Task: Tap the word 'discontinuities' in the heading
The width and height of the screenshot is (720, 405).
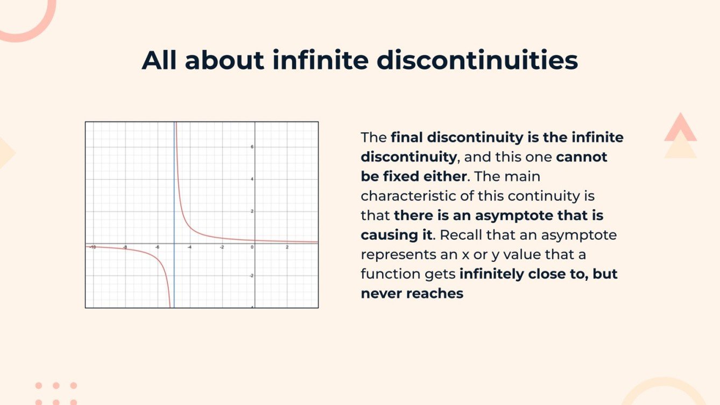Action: point(477,60)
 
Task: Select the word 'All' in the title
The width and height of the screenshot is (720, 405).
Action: point(159,60)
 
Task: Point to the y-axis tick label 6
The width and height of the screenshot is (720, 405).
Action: point(252,147)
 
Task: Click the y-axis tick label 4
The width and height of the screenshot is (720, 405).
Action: point(252,179)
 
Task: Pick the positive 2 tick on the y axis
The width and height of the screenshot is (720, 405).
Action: point(252,211)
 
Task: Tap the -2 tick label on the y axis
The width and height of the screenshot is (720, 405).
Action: point(251,275)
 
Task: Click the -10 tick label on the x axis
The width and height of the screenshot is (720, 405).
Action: point(93,247)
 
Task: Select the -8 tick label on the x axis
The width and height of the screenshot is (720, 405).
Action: point(125,247)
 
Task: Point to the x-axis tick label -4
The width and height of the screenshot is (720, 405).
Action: point(189,247)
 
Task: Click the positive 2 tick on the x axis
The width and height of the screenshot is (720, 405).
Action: point(287,247)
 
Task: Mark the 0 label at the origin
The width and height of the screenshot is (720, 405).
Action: point(251,247)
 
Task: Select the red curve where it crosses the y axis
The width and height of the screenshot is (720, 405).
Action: point(255,240)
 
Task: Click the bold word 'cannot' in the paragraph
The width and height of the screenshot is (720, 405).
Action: point(582,157)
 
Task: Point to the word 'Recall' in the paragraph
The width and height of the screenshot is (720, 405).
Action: point(458,235)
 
